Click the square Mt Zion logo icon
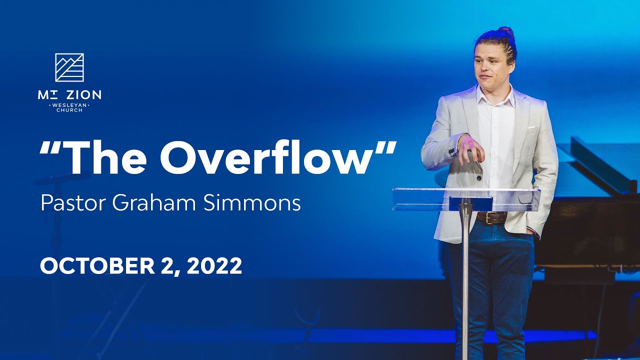[69, 67]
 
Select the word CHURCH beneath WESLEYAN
[69, 110]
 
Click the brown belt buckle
[487, 217]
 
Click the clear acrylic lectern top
[465, 198]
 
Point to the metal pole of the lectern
[465, 280]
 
